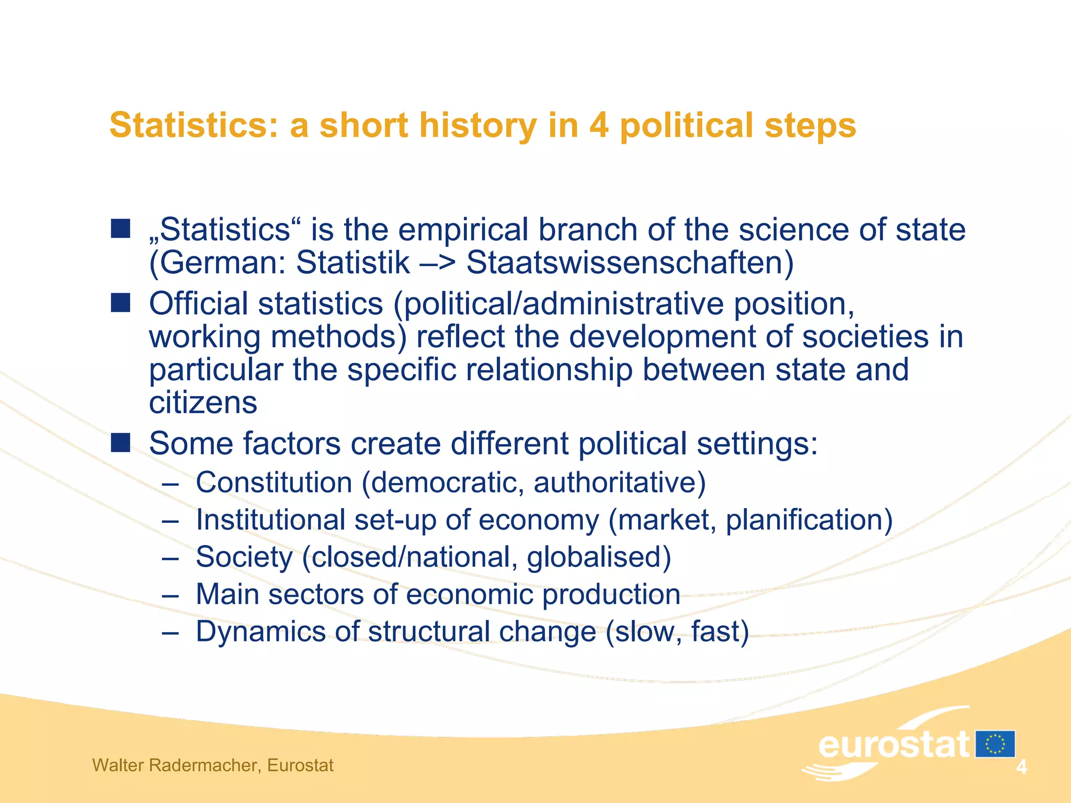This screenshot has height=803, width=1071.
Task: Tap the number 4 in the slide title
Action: click(x=599, y=125)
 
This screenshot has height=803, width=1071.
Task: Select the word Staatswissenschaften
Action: click(x=630, y=262)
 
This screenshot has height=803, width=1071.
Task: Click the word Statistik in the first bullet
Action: click(x=353, y=262)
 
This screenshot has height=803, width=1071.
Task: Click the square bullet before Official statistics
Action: click(x=120, y=303)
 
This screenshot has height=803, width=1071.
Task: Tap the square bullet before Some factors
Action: click(x=120, y=443)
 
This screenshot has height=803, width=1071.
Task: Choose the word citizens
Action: click(x=203, y=403)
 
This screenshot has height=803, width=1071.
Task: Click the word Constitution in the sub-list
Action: click(x=274, y=482)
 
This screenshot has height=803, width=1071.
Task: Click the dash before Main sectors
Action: click(x=170, y=595)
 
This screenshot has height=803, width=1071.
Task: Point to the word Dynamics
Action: click(x=260, y=632)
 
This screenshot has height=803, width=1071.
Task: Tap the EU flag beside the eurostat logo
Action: click(x=995, y=744)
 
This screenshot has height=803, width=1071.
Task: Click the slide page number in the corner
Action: click(x=1021, y=767)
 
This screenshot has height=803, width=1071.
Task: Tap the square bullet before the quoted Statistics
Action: click(x=120, y=228)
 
